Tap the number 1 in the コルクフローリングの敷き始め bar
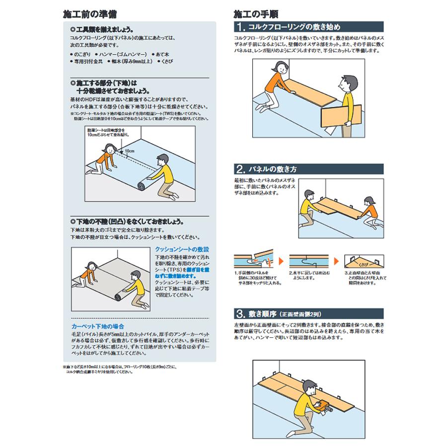(x=241, y=26)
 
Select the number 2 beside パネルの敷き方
(x=241, y=168)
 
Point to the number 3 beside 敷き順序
(x=241, y=314)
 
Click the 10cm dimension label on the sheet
(x=130, y=150)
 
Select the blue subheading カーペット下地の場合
(x=98, y=326)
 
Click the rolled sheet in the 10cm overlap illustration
(x=141, y=185)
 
